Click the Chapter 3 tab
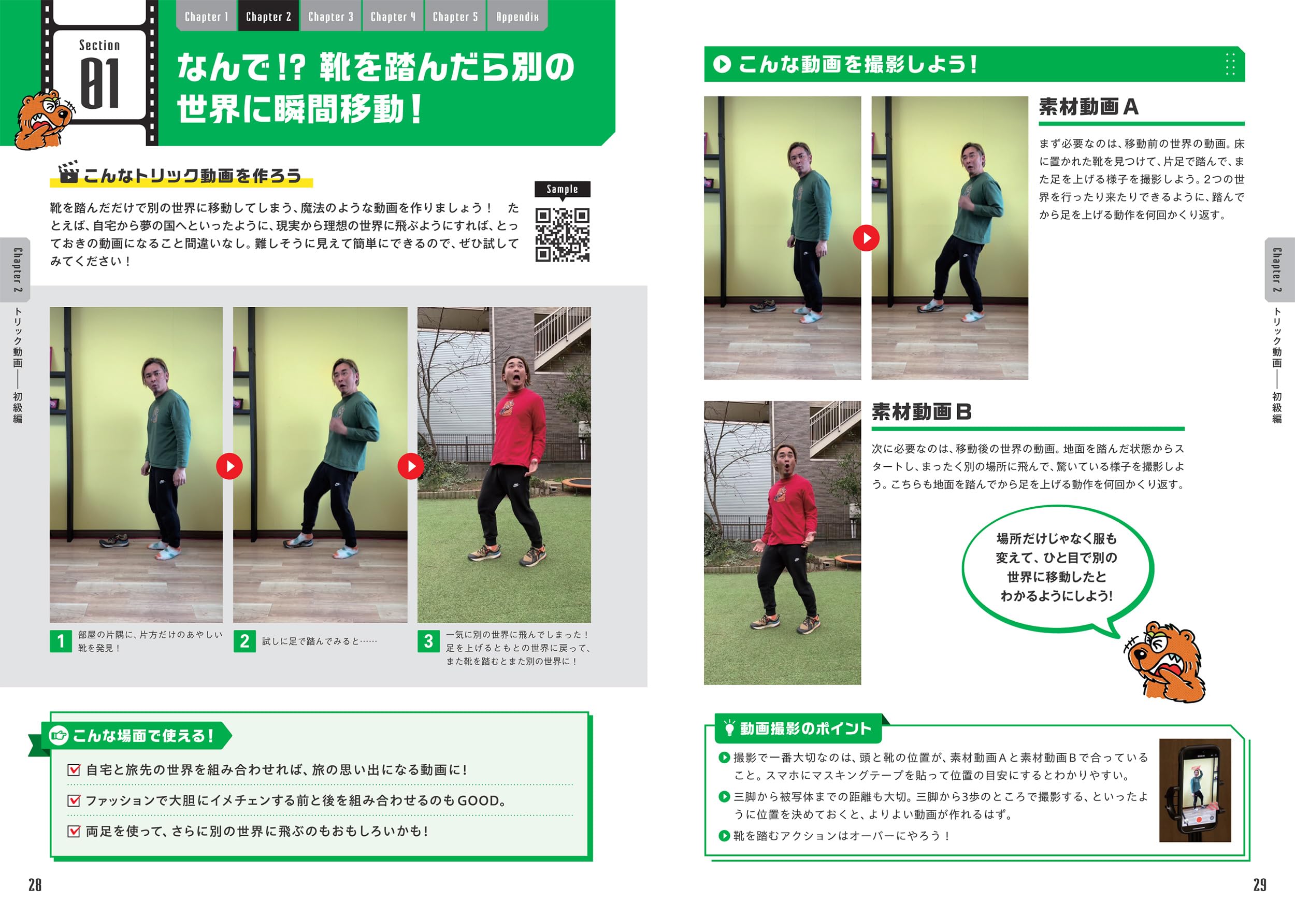[331, 17]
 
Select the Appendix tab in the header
[517, 17]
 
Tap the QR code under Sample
[563, 235]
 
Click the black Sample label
[563, 189]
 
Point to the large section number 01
[100, 83]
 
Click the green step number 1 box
[61, 641]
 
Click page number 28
[35, 885]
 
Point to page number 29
[1259, 885]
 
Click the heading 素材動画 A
[1088, 107]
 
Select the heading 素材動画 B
[922, 412]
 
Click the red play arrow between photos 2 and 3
[411, 466]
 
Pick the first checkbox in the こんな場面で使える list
[74, 770]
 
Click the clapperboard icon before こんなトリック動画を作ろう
[68, 173]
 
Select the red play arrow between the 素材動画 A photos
[866, 238]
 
